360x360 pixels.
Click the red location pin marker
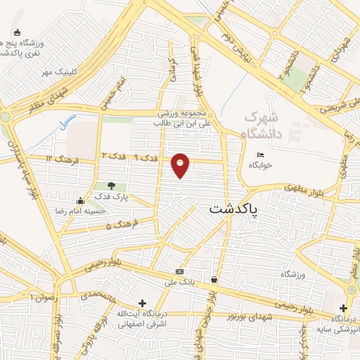click(181, 165)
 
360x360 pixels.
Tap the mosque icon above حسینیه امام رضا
click(80, 200)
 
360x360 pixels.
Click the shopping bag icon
click(214, 279)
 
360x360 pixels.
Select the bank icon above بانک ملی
click(181, 271)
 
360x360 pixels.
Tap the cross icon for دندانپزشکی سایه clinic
click(343, 308)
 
